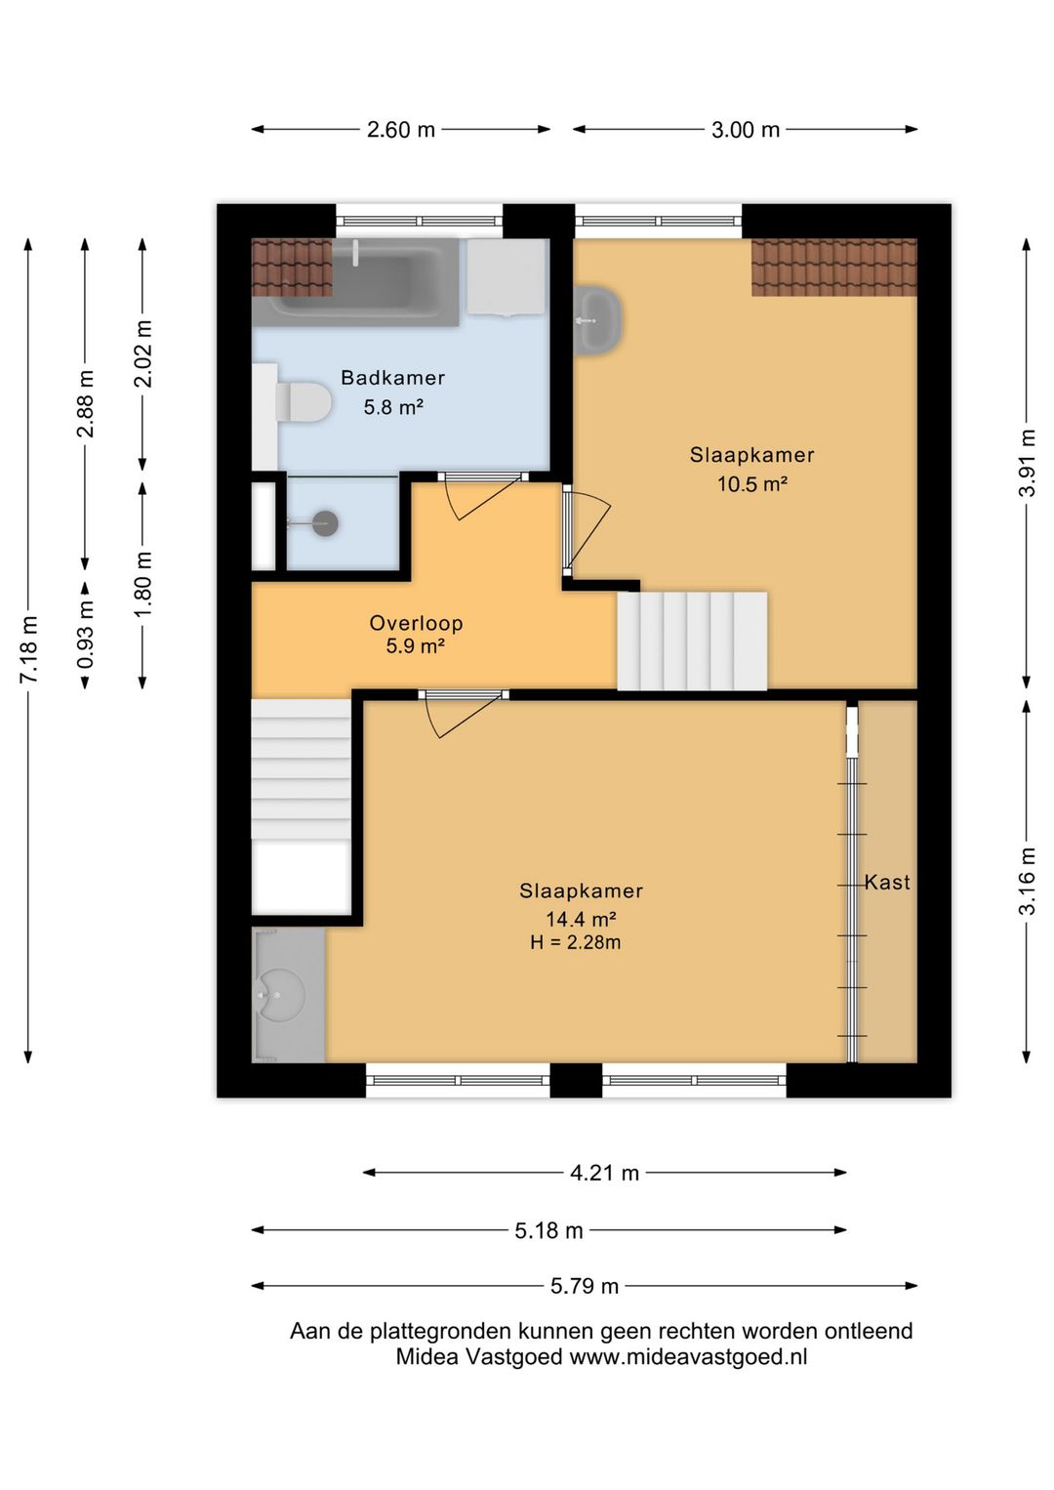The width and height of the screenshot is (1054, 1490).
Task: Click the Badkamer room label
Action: point(392,378)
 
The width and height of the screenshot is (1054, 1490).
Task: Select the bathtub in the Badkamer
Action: point(356,283)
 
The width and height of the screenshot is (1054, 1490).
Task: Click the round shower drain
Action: point(326,523)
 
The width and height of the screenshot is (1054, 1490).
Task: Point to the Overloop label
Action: point(417,623)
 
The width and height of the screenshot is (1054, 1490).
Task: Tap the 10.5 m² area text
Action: point(752,483)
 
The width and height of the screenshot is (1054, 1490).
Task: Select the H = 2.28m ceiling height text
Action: point(576,942)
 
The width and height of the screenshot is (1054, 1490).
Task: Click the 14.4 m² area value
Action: point(581,919)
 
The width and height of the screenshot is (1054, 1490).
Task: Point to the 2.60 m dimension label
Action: point(401,129)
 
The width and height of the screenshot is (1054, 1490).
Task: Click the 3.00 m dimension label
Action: point(746,129)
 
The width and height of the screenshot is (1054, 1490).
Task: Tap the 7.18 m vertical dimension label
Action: point(28,650)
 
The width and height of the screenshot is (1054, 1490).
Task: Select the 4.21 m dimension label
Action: point(604,1173)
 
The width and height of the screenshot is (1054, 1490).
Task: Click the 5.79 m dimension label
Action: point(585,1286)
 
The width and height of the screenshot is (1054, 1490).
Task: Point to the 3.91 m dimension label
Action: point(1028,463)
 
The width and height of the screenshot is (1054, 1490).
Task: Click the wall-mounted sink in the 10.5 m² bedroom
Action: point(598,320)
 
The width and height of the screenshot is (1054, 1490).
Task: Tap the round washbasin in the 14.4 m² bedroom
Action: point(280,995)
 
